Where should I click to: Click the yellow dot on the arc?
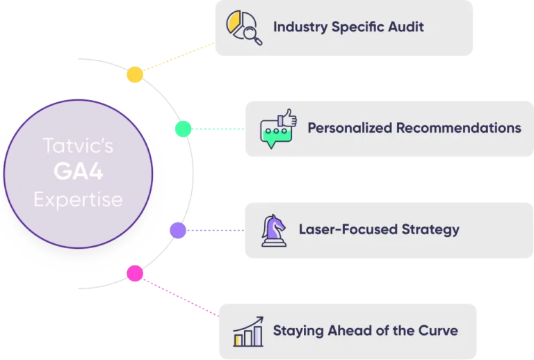coord(136,74)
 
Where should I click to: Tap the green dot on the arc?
coord(183,129)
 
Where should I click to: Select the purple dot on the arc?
coord(178,230)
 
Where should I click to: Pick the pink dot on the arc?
coord(135,273)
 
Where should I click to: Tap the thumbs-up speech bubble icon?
coord(277,129)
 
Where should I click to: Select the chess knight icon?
coord(273,229)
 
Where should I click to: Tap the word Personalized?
coord(350,129)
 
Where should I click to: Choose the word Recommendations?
coord(459,129)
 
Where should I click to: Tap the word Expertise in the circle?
coord(78,200)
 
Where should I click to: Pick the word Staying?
coord(297,330)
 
